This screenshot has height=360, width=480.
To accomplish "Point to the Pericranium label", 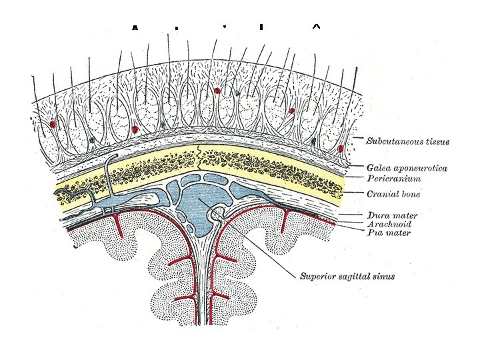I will [x=394, y=179].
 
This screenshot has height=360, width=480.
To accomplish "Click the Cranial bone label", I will [x=393, y=194].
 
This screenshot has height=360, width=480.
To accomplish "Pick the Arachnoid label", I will [x=388, y=225].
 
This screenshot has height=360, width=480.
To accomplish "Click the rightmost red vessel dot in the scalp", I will [x=341, y=148].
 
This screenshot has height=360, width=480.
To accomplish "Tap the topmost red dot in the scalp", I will [x=217, y=90].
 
